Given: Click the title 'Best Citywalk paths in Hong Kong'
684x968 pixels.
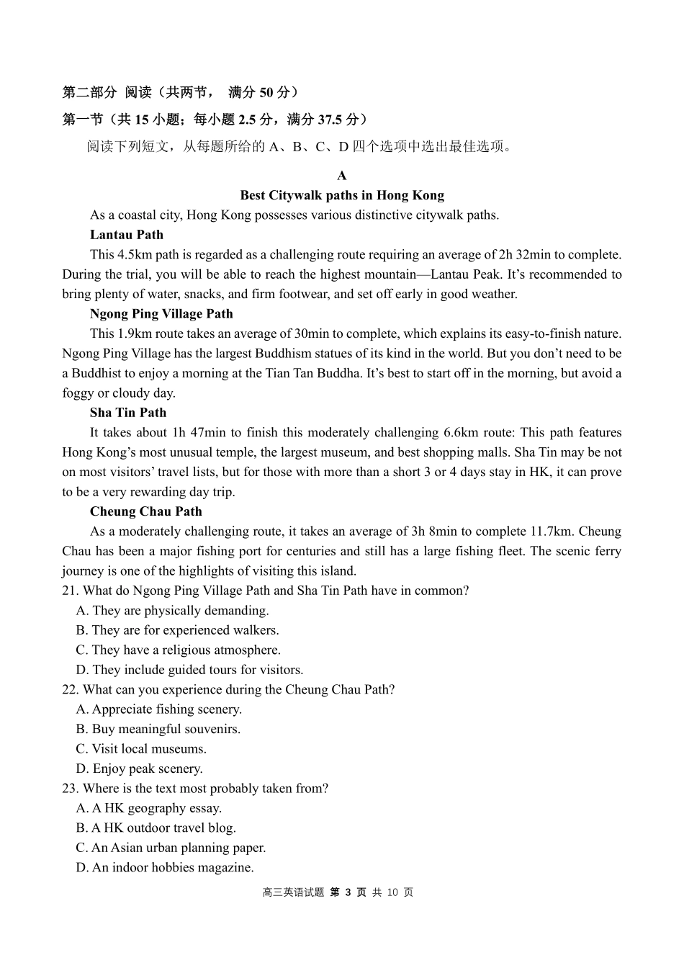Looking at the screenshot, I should click(x=342, y=195).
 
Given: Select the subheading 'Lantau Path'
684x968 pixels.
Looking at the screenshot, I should click(x=127, y=235).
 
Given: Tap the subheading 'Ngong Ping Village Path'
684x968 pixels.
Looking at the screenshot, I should click(x=161, y=314).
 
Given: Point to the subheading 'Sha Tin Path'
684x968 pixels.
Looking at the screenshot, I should click(x=128, y=413).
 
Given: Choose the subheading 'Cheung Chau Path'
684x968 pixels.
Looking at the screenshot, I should click(x=146, y=511).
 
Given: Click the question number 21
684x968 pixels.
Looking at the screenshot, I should click(x=70, y=591).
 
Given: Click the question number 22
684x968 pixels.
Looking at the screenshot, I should click(x=70, y=689).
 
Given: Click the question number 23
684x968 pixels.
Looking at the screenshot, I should click(x=70, y=789).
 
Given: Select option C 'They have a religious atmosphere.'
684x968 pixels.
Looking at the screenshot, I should click(x=179, y=650).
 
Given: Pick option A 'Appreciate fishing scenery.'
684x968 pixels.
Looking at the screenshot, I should click(x=159, y=709).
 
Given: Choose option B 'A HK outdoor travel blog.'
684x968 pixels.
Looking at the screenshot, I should click(x=156, y=828).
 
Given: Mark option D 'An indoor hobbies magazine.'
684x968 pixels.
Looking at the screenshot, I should click(x=165, y=868).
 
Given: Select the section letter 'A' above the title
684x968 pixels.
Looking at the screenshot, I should click(x=342, y=176).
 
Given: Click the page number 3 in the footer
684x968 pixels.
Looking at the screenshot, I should click(x=348, y=892).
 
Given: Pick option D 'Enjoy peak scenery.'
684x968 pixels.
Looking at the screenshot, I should click(x=140, y=768).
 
